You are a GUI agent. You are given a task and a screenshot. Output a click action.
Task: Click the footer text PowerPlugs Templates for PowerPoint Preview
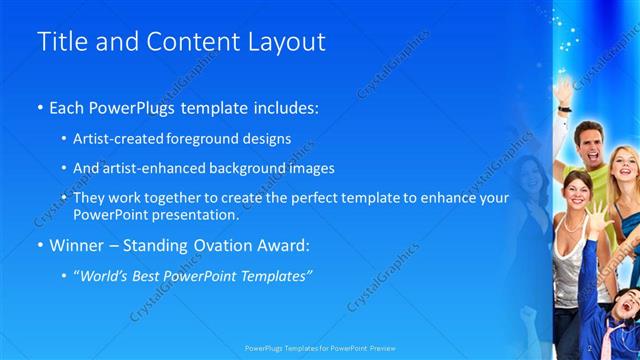(318, 351)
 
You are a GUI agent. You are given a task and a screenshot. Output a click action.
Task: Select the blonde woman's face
(622, 164)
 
